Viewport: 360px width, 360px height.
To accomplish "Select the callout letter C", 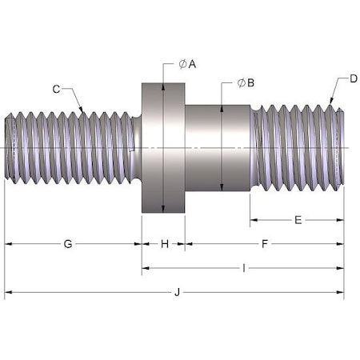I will click(56, 89).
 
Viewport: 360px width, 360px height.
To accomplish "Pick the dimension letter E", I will click(298, 219).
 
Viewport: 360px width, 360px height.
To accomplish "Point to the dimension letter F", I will click(265, 243).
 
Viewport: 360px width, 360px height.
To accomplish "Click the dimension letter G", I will click(68, 243).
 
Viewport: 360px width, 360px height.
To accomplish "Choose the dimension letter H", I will click(164, 243).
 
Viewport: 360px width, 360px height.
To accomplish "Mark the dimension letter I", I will click(242, 268).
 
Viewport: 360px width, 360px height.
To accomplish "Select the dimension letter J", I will click(176, 293).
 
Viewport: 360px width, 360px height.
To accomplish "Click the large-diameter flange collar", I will click(163, 148).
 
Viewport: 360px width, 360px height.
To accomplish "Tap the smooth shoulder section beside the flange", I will click(218, 148).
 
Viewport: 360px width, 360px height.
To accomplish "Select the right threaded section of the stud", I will click(298, 148).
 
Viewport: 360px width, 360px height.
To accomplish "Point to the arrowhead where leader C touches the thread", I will click(83, 110).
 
